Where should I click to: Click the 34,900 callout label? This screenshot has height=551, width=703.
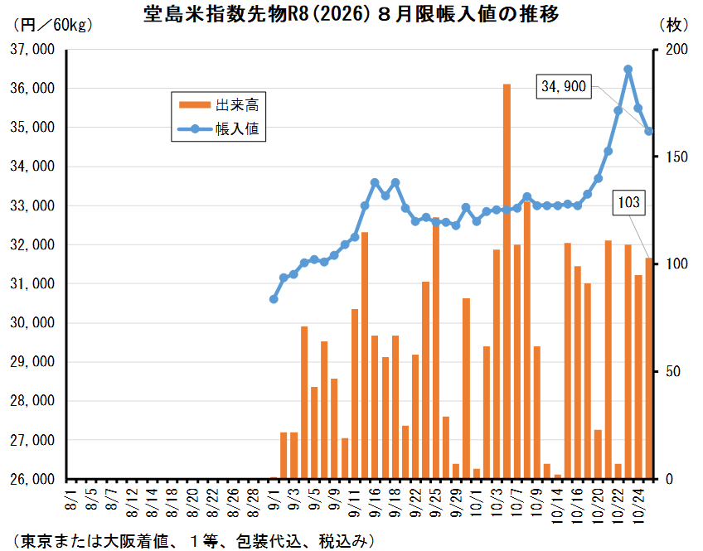[x=564, y=85]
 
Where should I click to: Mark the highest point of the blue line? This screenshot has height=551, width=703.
[x=628, y=70]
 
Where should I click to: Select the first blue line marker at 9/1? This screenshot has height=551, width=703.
[x=274, y=299]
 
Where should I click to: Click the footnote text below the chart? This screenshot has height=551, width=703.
[x=191, y=540]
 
